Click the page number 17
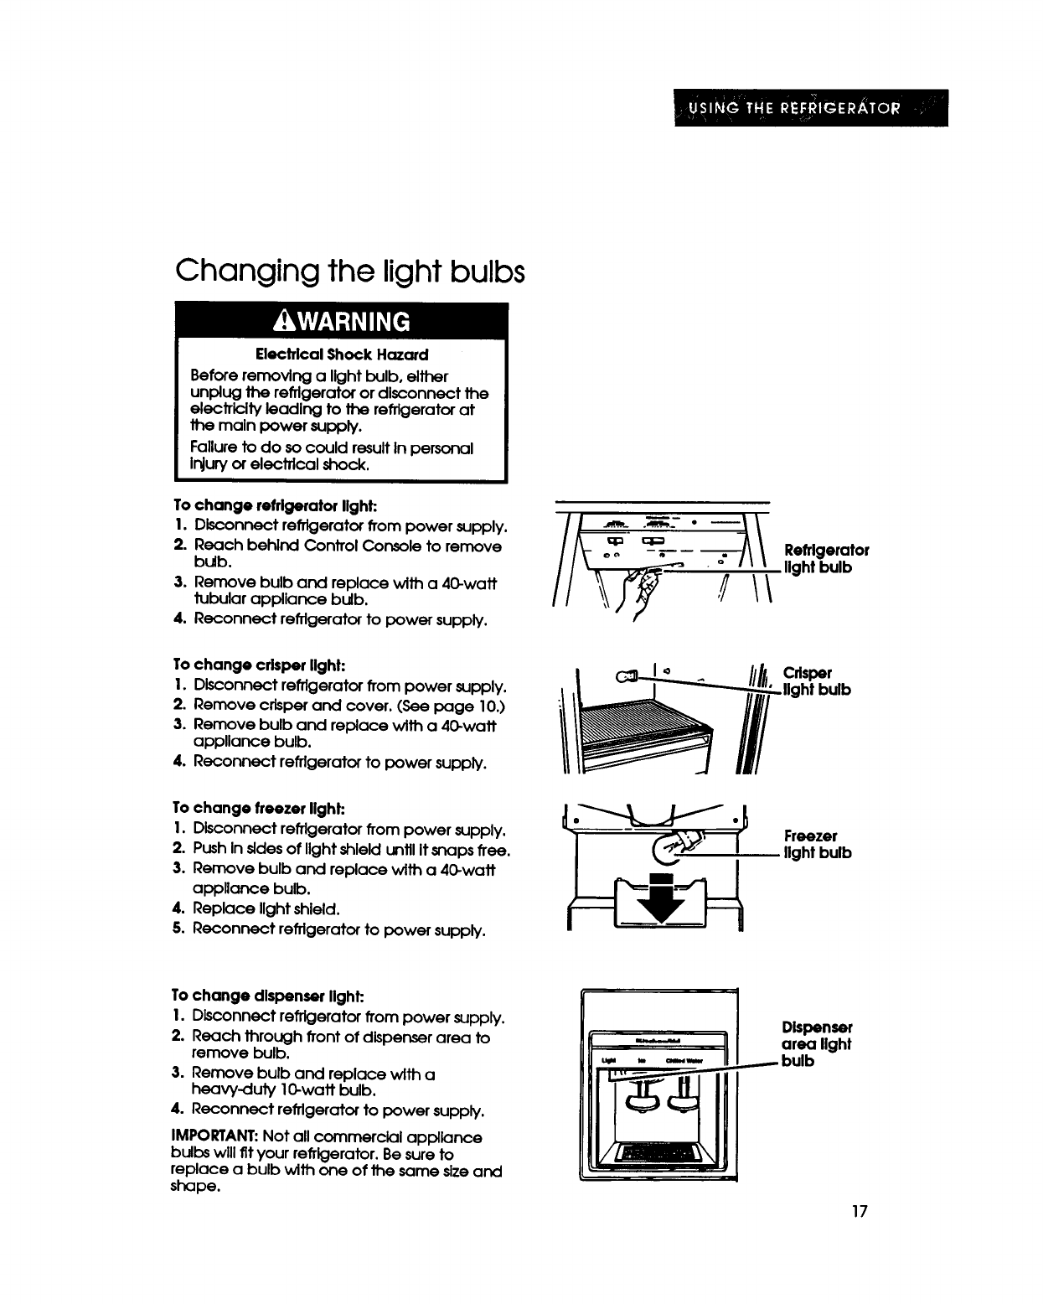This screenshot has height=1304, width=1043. coord(856,1212)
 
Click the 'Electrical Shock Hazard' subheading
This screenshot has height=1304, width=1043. coord(342,354)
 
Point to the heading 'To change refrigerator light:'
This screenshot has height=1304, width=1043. coord(276,506)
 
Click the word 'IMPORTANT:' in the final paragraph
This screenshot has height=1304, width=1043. coord(214,1138)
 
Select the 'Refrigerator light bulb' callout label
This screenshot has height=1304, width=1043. coord(826,559)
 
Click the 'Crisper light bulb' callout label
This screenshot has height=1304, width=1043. coord(817,681)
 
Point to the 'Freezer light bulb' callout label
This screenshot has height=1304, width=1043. coord(818,844)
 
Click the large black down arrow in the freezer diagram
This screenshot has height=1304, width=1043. coord(661,901)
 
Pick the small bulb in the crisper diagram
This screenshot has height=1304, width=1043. coord(627,675)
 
